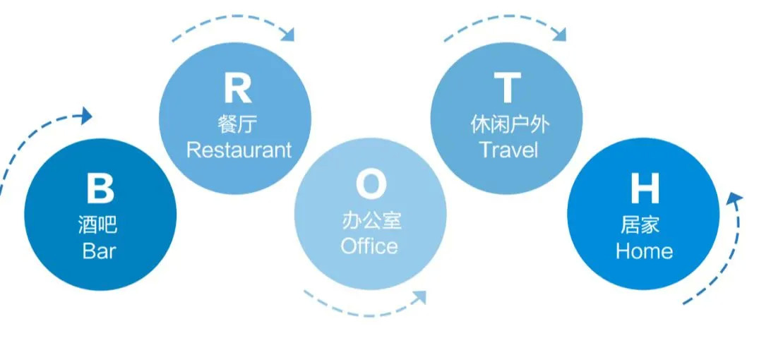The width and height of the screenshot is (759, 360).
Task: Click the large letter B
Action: [100, 188]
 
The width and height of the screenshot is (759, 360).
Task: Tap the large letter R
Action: [237, 89]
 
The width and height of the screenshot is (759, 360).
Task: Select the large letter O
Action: [371, 186]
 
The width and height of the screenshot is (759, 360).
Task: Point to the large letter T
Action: [507, 89]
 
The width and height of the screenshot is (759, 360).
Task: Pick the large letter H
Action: [644, 188]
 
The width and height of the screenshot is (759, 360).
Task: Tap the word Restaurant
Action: [238, 150]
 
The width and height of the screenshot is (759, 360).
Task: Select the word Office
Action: [369, 246]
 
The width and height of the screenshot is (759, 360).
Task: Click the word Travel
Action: [508, 150]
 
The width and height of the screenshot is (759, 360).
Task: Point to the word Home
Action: [644, 251]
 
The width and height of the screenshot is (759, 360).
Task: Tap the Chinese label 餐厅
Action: [238, 124]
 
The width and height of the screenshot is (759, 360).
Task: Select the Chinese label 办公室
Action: [371, 220]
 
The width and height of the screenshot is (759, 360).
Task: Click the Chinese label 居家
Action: [644, 225]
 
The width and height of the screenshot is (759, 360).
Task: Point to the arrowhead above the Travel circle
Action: [559, 32]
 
